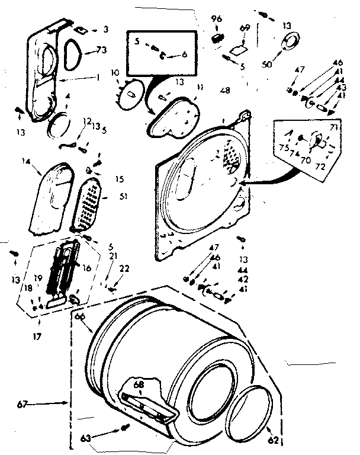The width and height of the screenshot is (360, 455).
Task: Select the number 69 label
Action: [x=245, y=28]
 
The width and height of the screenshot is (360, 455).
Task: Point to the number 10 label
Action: [x=115, y=72]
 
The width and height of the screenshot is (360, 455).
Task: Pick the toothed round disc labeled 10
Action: [x=130, y=94]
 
